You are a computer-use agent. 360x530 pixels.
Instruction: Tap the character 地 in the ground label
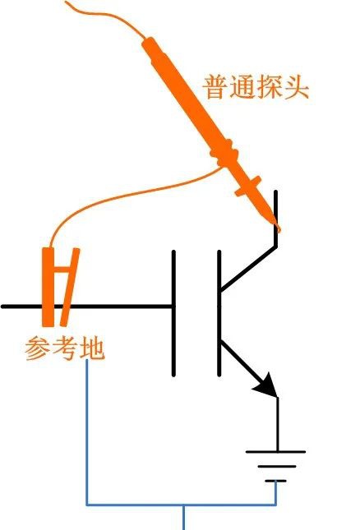click(x=91, y=348)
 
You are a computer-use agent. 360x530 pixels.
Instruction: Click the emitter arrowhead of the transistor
click(x=266, y=385)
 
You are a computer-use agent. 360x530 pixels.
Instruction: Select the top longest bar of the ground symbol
click(x=275, y=452)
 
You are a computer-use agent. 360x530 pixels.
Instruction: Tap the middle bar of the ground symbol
click(x=276, y=467)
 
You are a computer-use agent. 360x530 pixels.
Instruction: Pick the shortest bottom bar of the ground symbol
click(x=275, y=481)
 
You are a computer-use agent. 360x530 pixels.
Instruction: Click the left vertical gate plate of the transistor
click(x=173, y=313)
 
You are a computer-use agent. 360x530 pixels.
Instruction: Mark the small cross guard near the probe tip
click(x=248, y=186)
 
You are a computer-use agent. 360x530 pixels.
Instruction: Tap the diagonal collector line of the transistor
click(x=247, y=269)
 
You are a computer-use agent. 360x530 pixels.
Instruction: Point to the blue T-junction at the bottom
click(x=183, y=505)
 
